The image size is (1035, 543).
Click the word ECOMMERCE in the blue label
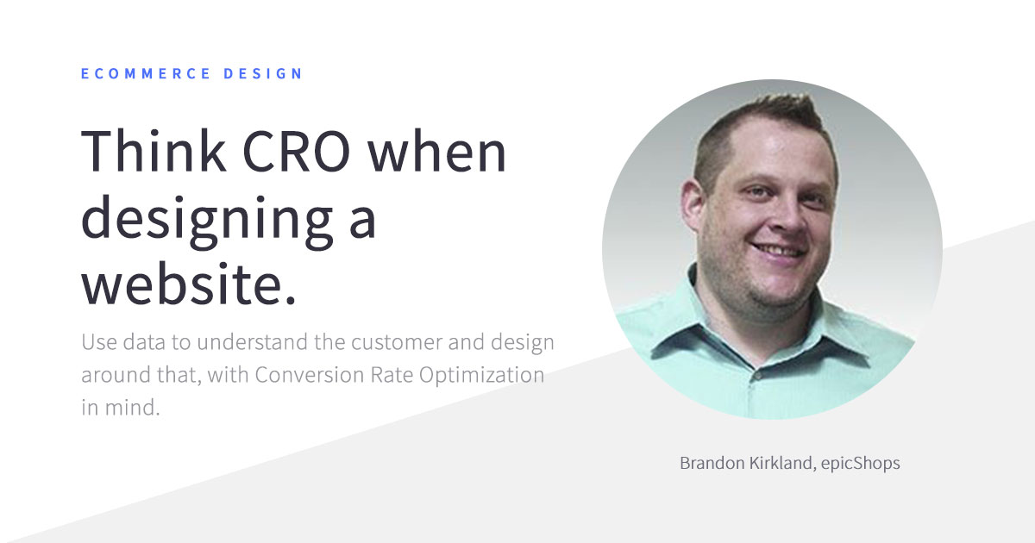coord(146,73)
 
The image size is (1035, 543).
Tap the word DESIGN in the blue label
coord(263,73)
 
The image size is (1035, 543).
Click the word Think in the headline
coord(154,151)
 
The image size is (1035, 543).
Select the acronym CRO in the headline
coord(296,152)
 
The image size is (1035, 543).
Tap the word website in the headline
coord(182,283)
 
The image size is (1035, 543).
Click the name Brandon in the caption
coord(712,463)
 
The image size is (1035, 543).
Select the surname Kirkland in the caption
coord(781,463)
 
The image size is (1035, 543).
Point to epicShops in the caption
coord(861,464)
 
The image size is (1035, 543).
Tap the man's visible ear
coord(693,203)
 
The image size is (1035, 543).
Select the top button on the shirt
coord(757,377)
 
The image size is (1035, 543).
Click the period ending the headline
coord(290,301)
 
